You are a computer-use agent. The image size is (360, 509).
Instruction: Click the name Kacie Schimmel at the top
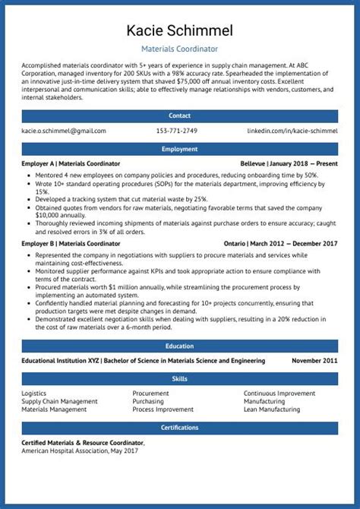click(x=180, y=30)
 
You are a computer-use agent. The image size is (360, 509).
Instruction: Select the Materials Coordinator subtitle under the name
click(x=180, y=48)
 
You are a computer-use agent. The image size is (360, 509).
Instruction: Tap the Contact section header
click(x=180, y=115)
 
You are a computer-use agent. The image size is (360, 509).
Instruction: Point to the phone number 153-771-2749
click(x=176, y=131)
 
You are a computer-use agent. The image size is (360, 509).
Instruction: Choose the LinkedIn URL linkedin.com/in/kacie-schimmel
click(x=292, y=131)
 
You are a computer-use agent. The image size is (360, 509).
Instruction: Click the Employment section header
click(x=180, y=150)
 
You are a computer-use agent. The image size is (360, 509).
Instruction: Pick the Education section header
click(x=180, y=346)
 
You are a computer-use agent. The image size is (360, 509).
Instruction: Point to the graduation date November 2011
click(x=314, y=361)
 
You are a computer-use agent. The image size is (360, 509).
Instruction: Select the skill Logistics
click(x=34, y=394)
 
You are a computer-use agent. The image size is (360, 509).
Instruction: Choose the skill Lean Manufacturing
click(x=271, y=409)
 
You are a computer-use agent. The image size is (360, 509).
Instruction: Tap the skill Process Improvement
click(x=163, y=409)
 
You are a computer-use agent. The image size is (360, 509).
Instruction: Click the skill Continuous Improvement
click(x=279, y=394)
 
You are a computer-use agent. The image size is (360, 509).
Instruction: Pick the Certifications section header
click(x=180, y=428)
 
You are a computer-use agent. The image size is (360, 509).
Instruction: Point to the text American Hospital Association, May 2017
click(x=80, y=451)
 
